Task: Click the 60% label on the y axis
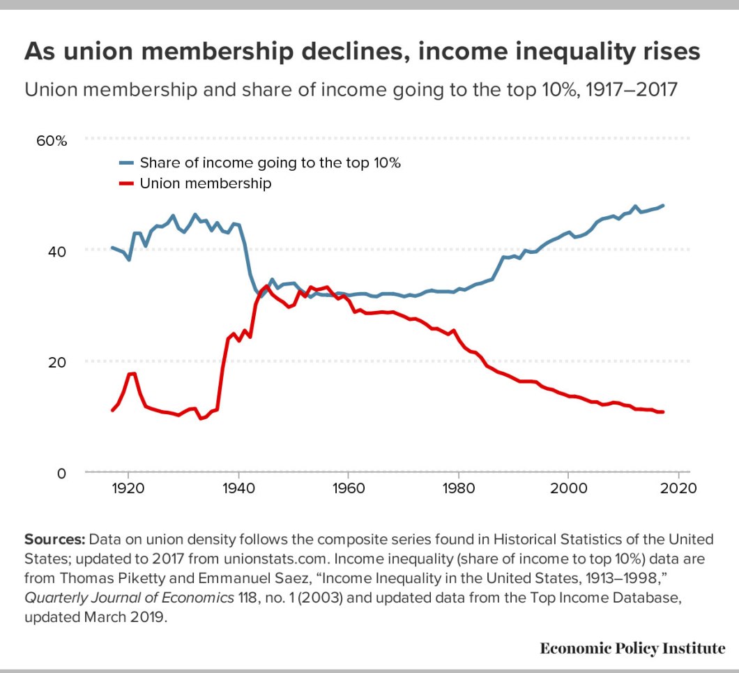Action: [x=52, y=140]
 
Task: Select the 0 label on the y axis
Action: [x=61, y=473]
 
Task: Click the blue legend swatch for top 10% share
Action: [x=126, y=163]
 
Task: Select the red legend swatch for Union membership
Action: [x=126, y=184]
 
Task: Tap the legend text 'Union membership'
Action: [x=206, y=184]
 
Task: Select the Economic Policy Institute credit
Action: [x=632, y=648]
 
